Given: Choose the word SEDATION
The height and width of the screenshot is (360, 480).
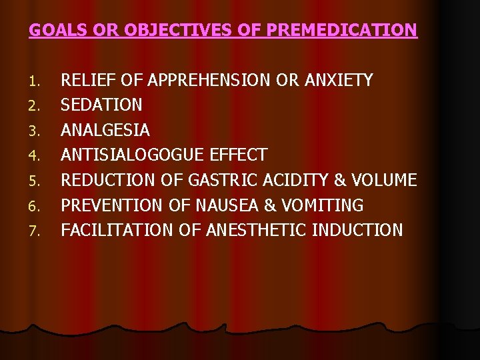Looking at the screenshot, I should click(101, 105).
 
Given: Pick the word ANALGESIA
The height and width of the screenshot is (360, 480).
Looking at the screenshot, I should click(105, 130).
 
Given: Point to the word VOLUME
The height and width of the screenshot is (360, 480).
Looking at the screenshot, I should click(383, 180).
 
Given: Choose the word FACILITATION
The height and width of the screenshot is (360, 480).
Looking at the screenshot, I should click(117, 230).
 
